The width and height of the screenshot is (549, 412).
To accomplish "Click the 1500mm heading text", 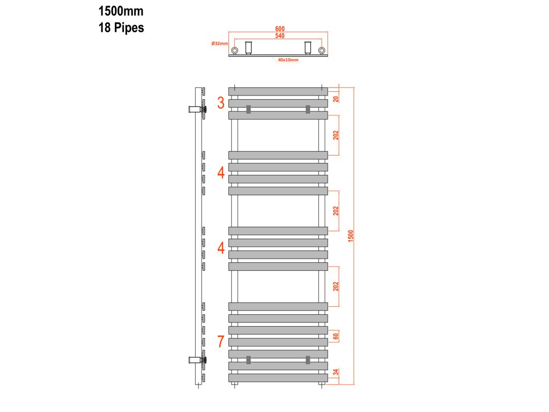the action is pos(121,11).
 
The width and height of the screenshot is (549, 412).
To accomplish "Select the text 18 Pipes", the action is pos(121,28).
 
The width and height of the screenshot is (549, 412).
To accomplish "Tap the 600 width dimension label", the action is pos(280,29).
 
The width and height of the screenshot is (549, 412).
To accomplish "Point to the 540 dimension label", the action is pos(280,36).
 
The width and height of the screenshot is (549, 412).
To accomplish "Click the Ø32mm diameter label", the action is pos(220,43).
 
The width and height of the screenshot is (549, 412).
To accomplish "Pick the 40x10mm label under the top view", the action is pos(288,60).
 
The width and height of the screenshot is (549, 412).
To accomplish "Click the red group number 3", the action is pos(221,103).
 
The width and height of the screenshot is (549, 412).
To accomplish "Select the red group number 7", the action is pos(221,341).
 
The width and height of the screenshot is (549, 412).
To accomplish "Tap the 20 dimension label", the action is pos(336,98).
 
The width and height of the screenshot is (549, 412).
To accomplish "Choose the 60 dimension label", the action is pos(336,336).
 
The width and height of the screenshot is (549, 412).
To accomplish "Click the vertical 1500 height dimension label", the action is pos(351,236).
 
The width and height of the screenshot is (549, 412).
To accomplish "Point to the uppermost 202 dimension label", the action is pos(336,135).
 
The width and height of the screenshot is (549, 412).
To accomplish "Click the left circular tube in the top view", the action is pos(234,51).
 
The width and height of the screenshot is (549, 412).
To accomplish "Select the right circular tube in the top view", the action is pos(322,51).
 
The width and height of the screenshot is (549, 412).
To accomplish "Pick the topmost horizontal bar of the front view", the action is pos(278,91).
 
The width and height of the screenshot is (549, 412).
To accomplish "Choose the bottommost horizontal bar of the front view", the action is pos(278,378).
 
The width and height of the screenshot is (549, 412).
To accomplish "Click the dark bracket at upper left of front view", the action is pos(248,109).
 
